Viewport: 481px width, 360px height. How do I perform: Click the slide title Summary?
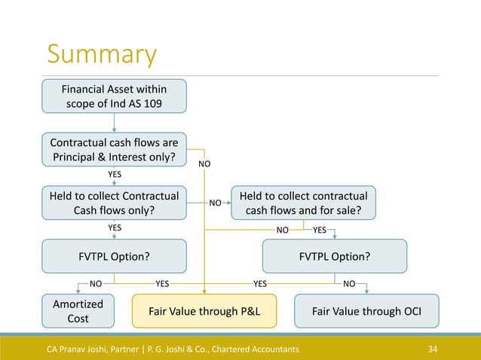tap(102, 55)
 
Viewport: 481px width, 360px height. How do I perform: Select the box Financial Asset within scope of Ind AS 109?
tap(114, 96)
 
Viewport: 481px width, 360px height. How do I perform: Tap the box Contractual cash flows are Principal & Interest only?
tap(114, 149)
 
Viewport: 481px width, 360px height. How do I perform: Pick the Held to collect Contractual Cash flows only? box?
tap(114, 203)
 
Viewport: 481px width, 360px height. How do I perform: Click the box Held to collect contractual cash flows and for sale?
tap(303, 203)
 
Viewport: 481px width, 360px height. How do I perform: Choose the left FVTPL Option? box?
tap(114, 256)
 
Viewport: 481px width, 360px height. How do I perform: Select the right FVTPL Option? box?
tap(334, 256)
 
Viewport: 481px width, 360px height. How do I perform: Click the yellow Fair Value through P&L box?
tap(204, 310)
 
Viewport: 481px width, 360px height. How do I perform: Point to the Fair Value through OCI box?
tap(366, 310)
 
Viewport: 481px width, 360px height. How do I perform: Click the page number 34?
tap(433, 349)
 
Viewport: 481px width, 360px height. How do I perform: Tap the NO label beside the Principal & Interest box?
tap(204, 163)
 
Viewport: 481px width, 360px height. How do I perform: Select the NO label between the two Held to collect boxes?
tap(215, 203)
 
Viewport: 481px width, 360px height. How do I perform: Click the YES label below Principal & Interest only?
tap(115, 174)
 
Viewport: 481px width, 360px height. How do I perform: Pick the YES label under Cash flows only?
tap(115, 227)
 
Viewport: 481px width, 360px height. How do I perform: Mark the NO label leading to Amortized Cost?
tap(96, 285)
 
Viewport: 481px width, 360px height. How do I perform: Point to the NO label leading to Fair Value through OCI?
tap(350, 285)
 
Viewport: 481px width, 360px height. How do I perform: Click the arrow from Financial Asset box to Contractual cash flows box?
tap(114, 122)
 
